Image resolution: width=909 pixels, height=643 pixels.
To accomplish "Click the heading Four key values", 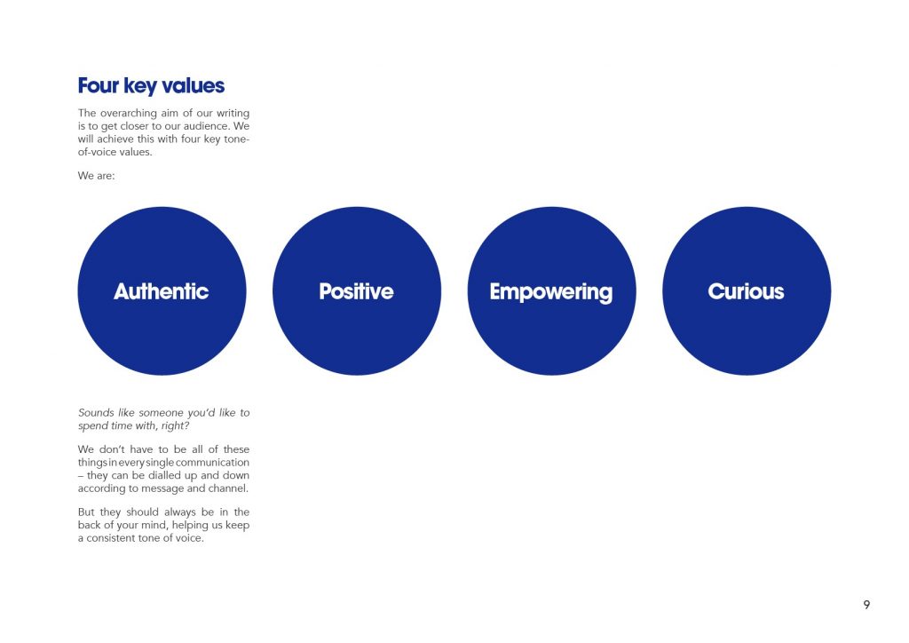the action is (151, 86).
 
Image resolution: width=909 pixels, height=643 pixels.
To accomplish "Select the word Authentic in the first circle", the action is (162, 291).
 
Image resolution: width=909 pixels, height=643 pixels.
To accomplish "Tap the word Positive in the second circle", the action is (357, 291).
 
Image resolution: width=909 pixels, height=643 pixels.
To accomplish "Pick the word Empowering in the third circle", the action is (550, 292).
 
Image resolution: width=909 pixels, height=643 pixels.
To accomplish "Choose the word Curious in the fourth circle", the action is (746, 291).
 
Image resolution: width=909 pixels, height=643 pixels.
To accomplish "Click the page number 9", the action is (866, 605).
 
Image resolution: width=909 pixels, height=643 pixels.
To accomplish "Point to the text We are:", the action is (96, 176).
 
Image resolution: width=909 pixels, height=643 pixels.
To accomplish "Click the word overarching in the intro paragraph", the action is (128, 113).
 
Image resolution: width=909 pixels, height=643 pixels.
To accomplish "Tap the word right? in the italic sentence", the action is (176, 425).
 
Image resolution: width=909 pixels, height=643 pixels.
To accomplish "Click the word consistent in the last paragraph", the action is (113, 538).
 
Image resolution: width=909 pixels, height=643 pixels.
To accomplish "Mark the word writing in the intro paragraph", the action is (233, 113).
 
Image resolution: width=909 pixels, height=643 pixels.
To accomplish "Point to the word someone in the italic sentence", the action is (161, 413).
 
